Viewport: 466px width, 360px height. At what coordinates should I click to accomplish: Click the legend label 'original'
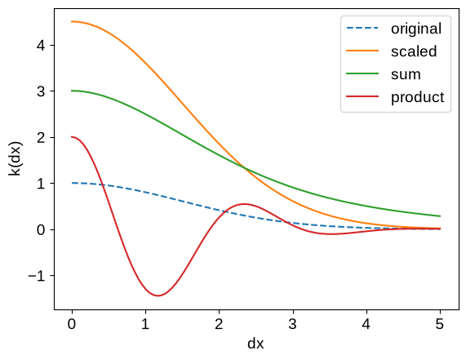[416, 29]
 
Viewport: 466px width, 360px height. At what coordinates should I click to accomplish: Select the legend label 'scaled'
[414, 51]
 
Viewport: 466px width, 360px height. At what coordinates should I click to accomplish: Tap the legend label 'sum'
[406, 74]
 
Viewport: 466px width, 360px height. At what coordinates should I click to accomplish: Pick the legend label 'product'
[418, 97]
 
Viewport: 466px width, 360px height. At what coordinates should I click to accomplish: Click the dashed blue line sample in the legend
[362, 29]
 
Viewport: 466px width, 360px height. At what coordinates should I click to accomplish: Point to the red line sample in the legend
[362, 96]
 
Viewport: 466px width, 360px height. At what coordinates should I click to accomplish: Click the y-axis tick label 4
[41, 45]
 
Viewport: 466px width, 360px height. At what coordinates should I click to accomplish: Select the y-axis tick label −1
[37, 276]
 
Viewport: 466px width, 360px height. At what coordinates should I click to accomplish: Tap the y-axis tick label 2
[41, 138]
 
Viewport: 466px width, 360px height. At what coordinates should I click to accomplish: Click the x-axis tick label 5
[440, 324]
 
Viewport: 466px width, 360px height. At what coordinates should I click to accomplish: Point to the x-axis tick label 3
[293, 324]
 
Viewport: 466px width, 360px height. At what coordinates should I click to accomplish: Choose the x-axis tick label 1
[145, 324]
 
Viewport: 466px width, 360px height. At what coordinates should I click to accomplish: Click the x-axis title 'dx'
[255, 344]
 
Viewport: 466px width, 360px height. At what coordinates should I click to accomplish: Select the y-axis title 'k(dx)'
[15, 159]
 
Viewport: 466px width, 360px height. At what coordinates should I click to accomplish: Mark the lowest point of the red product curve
[158, 296]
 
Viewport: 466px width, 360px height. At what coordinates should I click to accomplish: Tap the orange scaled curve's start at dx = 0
[72, 21]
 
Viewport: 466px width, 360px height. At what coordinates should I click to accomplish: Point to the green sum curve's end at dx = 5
[440, 216]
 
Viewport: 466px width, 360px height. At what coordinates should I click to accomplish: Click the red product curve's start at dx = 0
[72, 137]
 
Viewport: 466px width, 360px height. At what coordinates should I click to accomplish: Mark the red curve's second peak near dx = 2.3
[244, 204]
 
